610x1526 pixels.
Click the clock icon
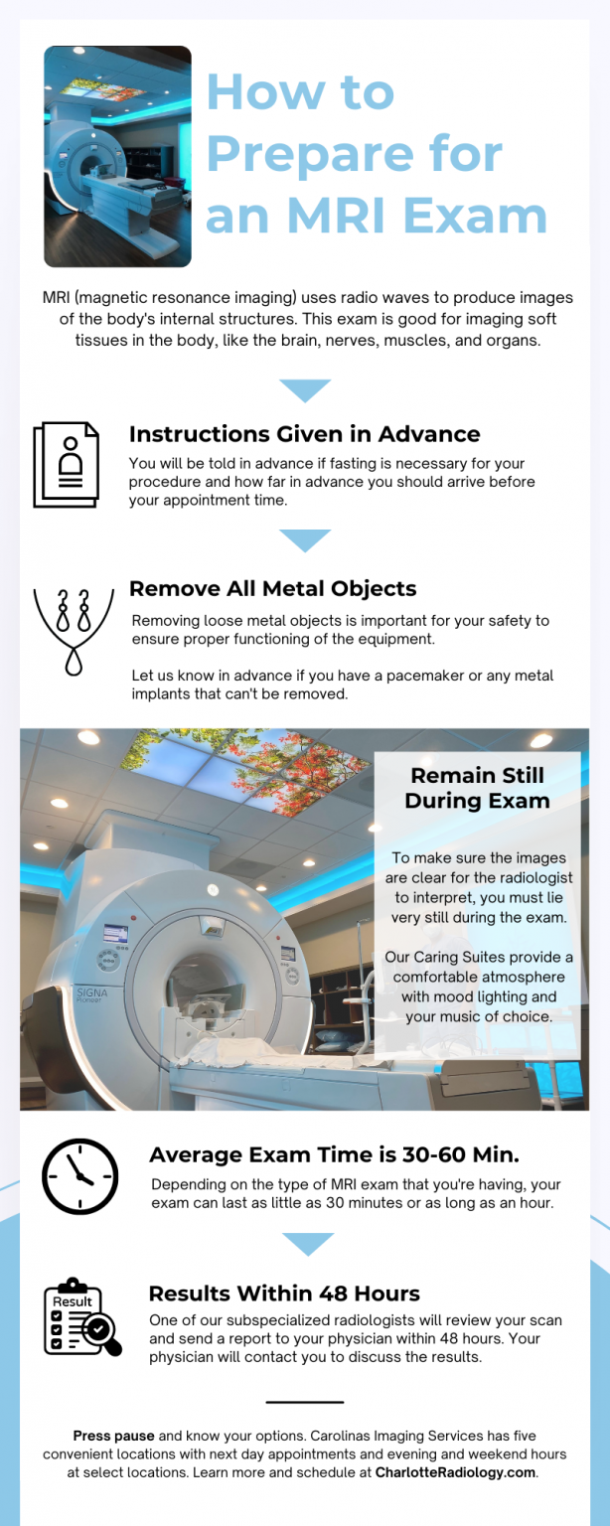pyautogui.click(x=79, y=1176)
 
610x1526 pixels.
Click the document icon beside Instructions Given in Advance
pyautogui.click(x=67, y=464)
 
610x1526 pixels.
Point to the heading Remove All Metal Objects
pyautogui.click(x=272, y=588)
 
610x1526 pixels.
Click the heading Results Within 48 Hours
pyautogui.click(x=284, y=1294)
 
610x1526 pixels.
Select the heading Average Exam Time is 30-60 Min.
pyautogui.click(x=334, y=1154)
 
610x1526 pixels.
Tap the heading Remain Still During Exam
pyautogui.click(x=477, y=788)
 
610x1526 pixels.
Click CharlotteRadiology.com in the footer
pyautogui.click(x=455, y=1472)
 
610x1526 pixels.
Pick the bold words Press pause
pyautogui.click(x=113, y=1436)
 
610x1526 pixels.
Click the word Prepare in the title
pyautogui.click(x=354, y=154)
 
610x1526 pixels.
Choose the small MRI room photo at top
pyautogui.click(x=117, y=156)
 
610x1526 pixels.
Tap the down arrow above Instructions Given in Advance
pyautogui.click(x=304, y=390)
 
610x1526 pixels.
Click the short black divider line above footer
pyautogui.click(x=304, y=1402)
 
